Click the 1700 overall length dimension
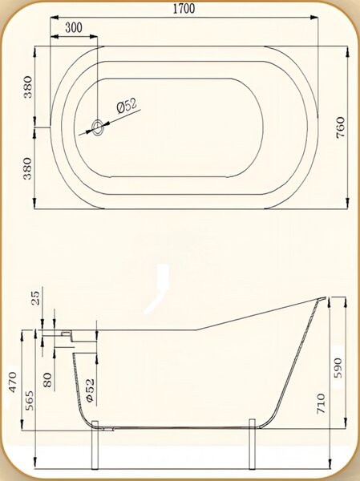pos(184,8)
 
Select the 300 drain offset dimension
pos(74,27)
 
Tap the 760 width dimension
pos(341,127)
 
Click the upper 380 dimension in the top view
pos(28,87)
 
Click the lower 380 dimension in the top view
pos(28,168)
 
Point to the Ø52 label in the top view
pos(127,105)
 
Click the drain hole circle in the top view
pos(98,127)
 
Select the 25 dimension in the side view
pos(36,297)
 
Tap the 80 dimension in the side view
pos(47,380)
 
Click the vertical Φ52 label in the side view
pos(91,390)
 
